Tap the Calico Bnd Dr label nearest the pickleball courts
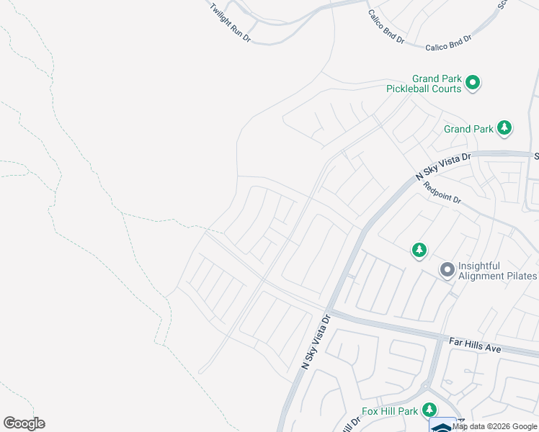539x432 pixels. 447,43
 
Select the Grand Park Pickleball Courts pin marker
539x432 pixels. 473,83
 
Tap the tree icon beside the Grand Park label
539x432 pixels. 504,129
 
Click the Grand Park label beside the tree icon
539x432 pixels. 468,130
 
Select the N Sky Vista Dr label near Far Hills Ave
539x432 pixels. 316,342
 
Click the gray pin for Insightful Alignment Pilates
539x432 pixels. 447,271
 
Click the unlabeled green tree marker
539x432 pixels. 419,251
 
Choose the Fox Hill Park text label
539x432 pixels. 390,411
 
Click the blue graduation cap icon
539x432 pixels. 442,426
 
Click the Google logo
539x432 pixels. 24,423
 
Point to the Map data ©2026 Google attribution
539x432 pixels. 494,426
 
